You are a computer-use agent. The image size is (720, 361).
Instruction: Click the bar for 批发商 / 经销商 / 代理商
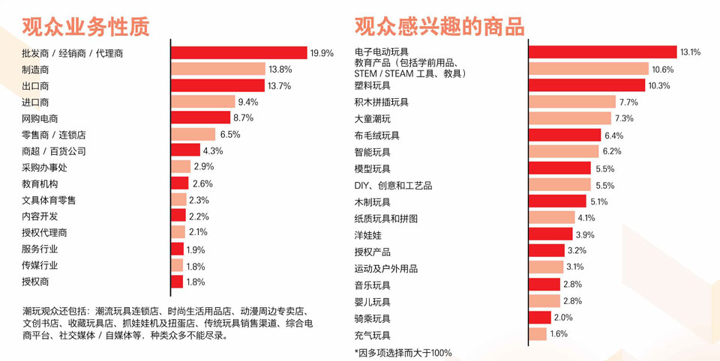click(238, 52)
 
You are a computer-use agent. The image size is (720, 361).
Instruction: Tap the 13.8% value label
click(280, 69)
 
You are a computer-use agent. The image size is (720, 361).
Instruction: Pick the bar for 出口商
click(217, 85)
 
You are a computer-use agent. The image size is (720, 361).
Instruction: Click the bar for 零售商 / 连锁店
click(193, 135)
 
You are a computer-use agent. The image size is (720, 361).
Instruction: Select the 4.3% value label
click(213, 151)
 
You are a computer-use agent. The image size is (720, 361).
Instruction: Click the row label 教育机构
click(40, 183)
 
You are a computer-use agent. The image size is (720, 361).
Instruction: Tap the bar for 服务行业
click(177, 249)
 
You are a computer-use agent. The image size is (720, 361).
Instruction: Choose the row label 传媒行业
click(40, 265)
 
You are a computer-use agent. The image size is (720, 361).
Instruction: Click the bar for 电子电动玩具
click(602, 52)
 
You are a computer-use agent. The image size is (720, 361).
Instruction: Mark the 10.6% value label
click(662, 69)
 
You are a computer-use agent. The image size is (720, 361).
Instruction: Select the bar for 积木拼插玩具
click(572, 102)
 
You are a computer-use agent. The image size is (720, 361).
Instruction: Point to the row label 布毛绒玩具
click(377, 136)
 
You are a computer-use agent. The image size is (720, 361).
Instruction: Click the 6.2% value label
click(613, 151)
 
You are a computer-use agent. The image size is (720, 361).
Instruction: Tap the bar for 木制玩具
click(557, 201)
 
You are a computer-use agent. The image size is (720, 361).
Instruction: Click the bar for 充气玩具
click(538, 334)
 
